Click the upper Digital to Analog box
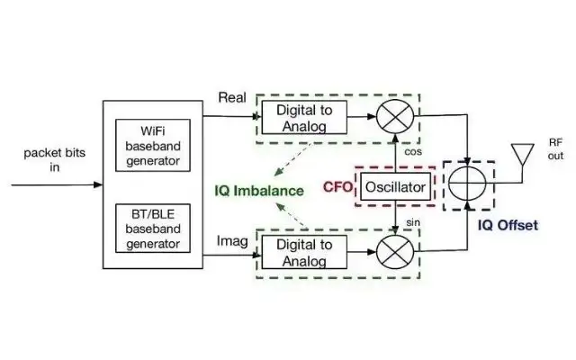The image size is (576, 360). [x=298, y=117]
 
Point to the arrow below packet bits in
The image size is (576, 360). [x=54, y=187]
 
